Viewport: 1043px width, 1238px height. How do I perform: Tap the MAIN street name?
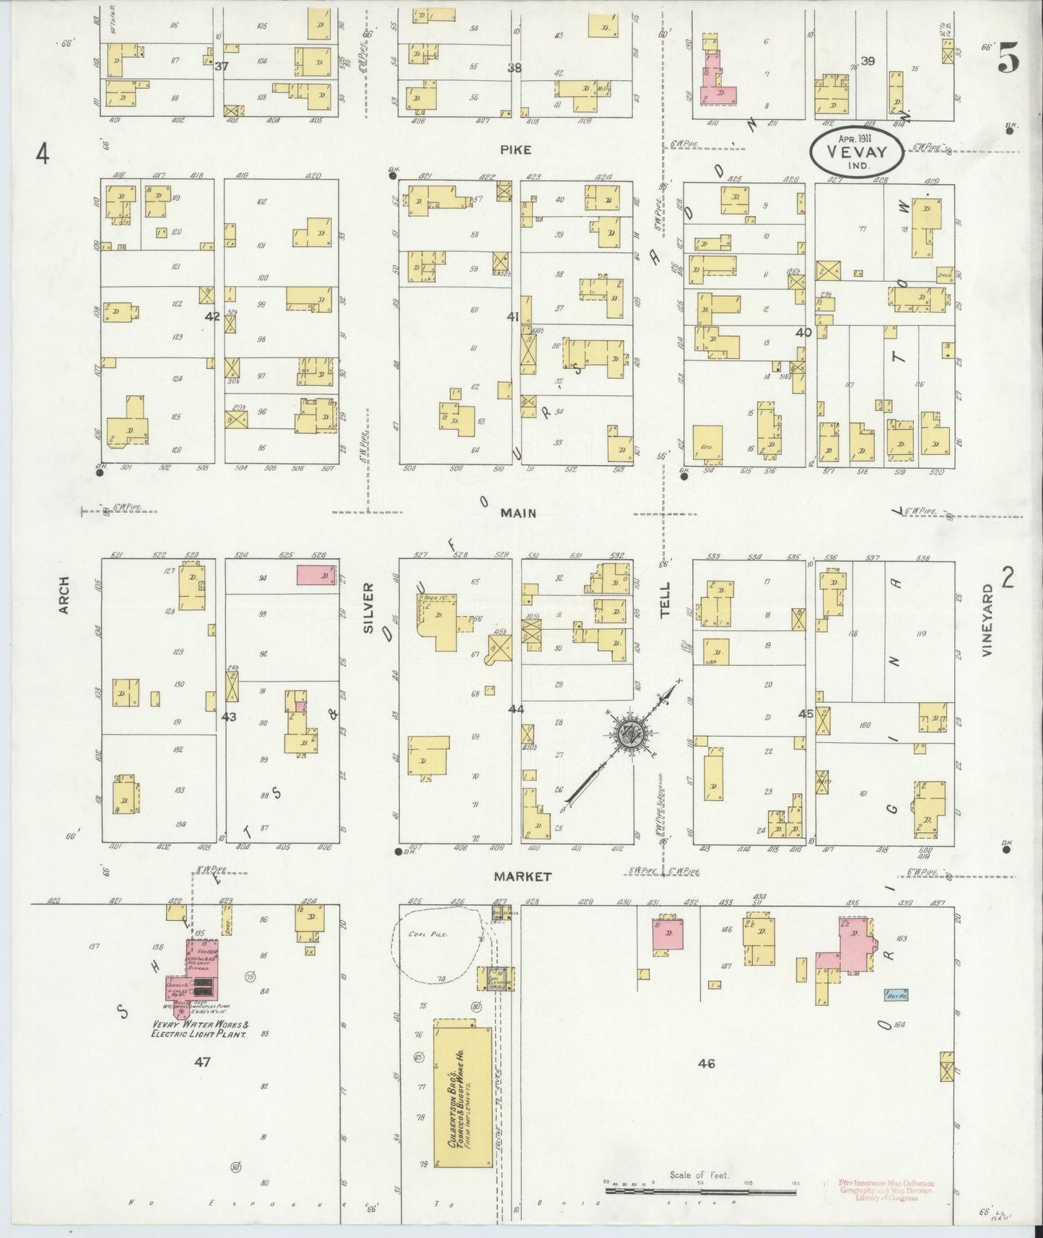520,513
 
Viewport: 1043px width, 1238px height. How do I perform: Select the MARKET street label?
523,876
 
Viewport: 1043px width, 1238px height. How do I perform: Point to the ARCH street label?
64,595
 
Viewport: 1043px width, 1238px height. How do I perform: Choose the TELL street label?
665,599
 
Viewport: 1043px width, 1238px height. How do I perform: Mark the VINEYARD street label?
987,620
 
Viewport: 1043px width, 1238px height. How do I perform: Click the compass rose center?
631,733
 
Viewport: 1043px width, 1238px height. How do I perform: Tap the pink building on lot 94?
317,575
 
